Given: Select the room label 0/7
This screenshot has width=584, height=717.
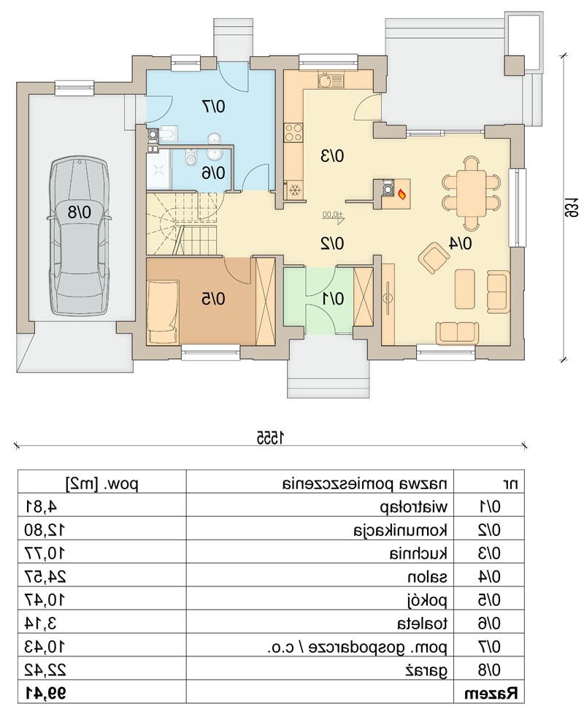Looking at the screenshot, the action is tap(213, 107).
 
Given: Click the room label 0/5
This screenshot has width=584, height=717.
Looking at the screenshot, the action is tap(213, 299).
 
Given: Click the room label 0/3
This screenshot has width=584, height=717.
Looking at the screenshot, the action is tap(331, 156).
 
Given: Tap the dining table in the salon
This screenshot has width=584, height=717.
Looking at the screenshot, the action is tap(470, 193).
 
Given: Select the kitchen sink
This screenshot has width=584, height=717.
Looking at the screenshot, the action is tap(330, 80).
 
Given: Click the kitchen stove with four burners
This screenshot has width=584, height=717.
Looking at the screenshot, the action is tap(293, 133).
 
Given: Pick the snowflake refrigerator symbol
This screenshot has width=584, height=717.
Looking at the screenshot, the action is tap(295, 191).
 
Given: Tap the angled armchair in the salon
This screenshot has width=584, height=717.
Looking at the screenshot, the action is tap(433, 258).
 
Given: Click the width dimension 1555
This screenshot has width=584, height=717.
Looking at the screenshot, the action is tap(270, 437).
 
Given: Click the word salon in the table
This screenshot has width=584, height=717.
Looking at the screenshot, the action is tap(427, 577).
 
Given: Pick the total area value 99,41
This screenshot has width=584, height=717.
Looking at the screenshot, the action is tap(45, 694).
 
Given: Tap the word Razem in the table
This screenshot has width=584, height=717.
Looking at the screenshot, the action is tap(492, 694).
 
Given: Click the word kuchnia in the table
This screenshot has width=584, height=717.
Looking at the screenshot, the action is tap(419, 553).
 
